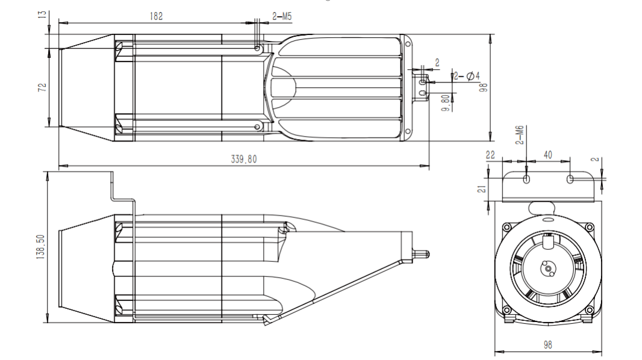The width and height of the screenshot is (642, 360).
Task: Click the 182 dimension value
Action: point(156,16)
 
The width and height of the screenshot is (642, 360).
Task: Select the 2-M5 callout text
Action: point(282,16)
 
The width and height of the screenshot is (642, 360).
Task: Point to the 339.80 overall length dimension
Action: point(244,159)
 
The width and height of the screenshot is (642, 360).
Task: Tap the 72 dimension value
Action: point(42,87)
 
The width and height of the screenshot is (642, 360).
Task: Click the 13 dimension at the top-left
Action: point(42,14)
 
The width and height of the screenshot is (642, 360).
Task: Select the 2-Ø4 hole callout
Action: point(467,76)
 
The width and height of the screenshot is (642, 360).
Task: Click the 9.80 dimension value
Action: point(446,103)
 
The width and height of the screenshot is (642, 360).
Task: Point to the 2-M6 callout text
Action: point(520,135)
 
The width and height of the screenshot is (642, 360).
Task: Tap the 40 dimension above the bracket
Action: point(548,155)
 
